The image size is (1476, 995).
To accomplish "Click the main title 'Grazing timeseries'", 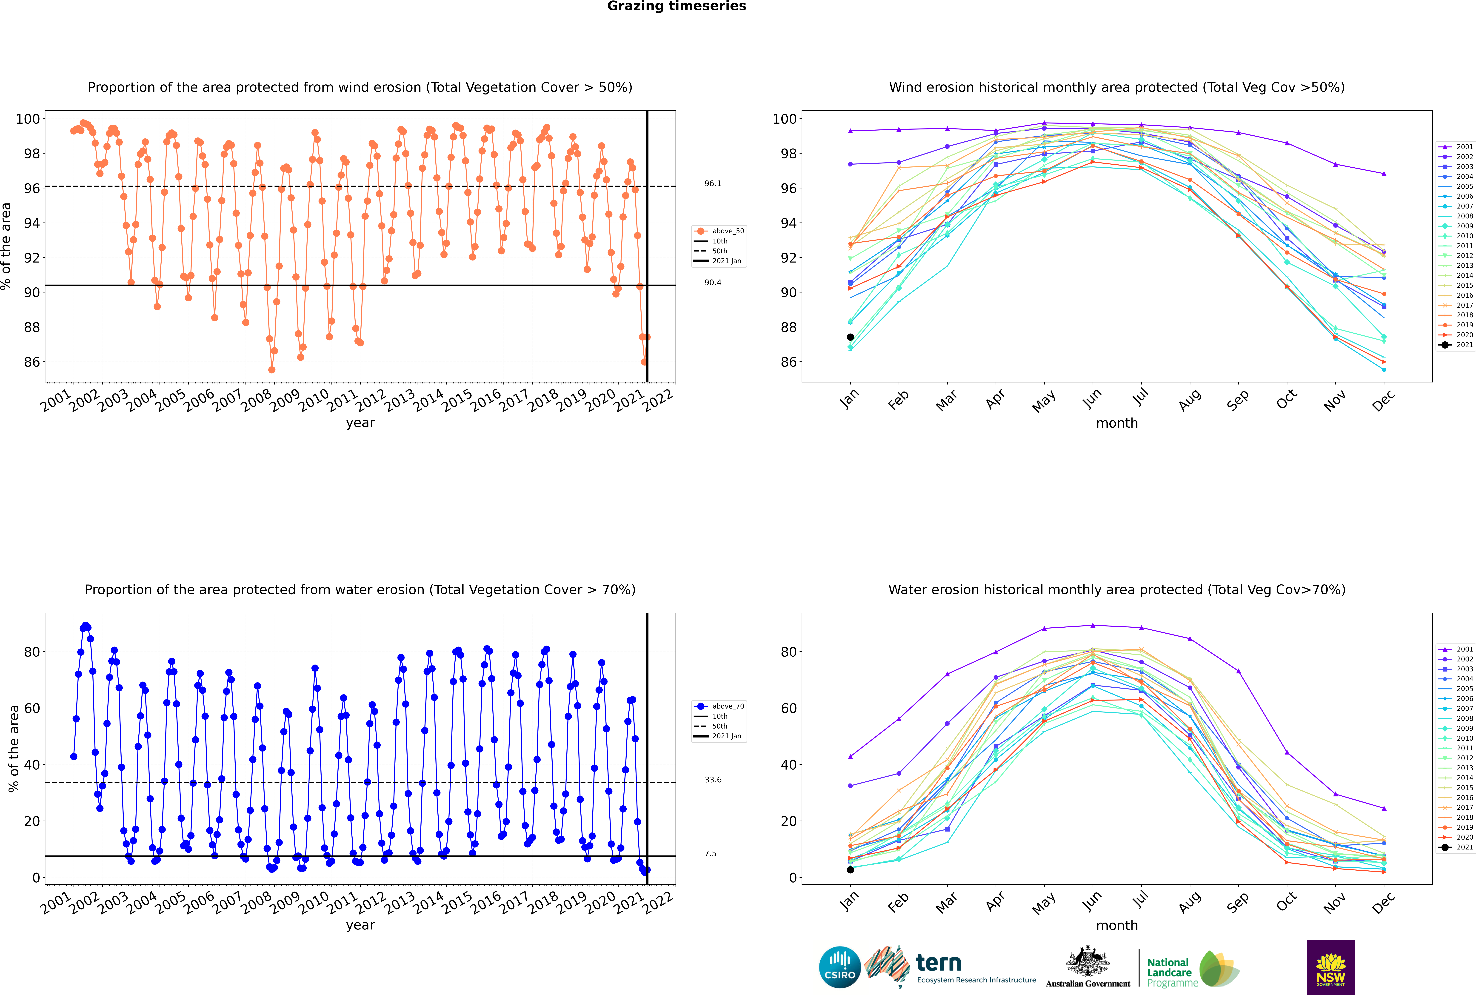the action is coord(677,6).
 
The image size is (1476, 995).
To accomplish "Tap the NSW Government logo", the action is coord(1331,966).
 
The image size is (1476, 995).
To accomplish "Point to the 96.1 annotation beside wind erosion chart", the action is coord(713,183).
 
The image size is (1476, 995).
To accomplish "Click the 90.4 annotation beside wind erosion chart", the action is coord(713,282).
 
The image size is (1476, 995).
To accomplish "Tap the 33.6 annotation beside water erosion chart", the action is coord(713,779).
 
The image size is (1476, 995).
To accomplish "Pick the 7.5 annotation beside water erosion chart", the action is coord(710,853).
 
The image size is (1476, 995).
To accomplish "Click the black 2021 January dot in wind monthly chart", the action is coord(850,337).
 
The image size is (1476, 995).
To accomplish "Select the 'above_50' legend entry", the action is coord(719,231).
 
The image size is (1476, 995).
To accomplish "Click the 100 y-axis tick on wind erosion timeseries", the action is coord(28,119).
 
